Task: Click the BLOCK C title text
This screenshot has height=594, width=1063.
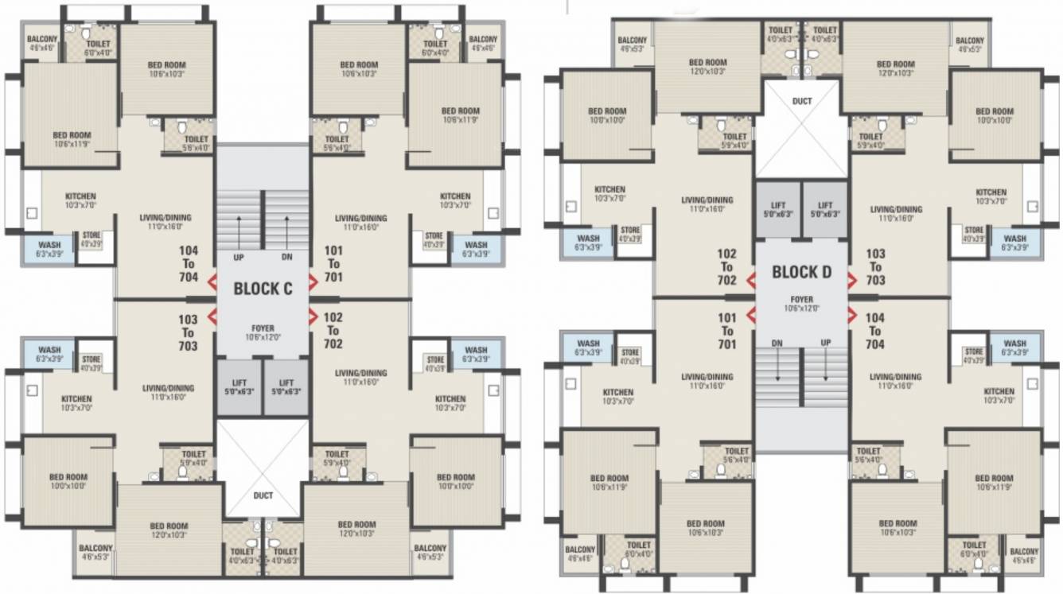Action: click(263, 289)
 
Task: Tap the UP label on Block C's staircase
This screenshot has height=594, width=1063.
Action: click(239, 258)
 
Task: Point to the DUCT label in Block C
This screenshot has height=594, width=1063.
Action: click(263, 495)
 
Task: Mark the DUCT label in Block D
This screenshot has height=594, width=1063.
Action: click(801, 102)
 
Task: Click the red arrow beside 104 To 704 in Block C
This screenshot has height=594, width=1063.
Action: click(212, 282)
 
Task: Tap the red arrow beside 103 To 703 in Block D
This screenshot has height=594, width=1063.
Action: click(852, 280)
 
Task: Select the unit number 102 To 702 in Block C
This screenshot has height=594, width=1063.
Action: click(333, 330)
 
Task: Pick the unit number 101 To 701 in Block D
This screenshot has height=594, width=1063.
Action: click(726, 331)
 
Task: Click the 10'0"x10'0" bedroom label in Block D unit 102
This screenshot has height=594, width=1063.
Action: click(607, 116)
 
